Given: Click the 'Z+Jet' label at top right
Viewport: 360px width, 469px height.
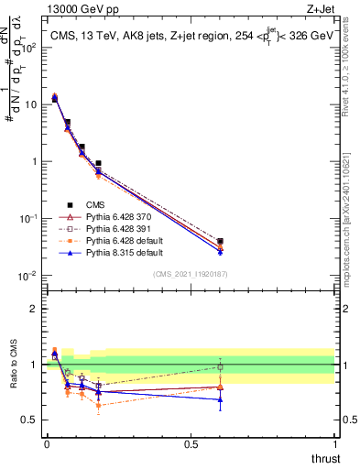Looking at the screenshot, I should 319,10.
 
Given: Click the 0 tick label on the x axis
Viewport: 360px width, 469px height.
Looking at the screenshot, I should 46,444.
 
